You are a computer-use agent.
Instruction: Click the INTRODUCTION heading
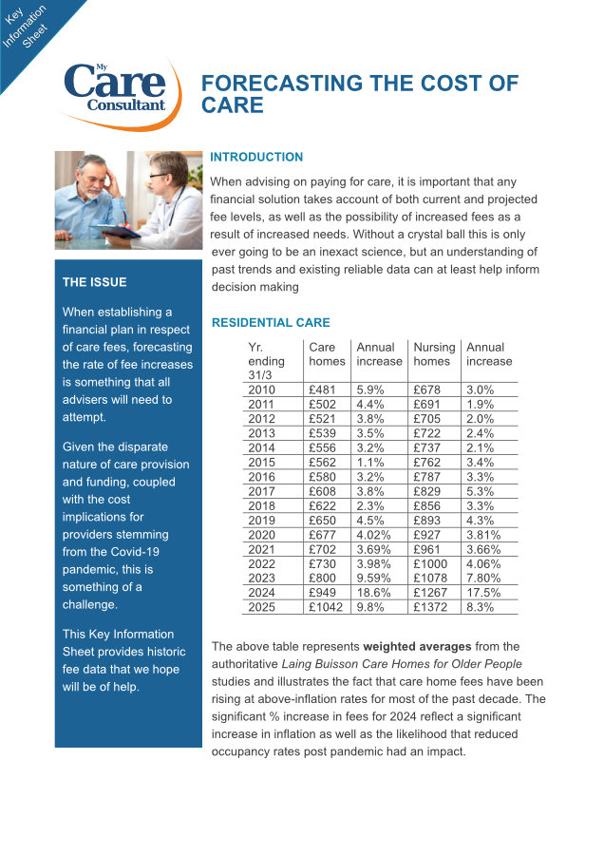256,157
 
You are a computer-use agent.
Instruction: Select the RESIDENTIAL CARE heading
271,323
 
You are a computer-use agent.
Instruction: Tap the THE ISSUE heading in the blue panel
94,282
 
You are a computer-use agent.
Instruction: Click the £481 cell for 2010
323,389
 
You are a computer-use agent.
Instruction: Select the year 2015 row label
261,462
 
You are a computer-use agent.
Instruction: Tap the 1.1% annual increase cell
371,462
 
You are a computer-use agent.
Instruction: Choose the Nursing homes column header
434,354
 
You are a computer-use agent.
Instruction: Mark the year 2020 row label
261,535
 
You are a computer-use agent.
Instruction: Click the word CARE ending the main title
233,104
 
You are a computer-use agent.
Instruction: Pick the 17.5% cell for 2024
483,593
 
